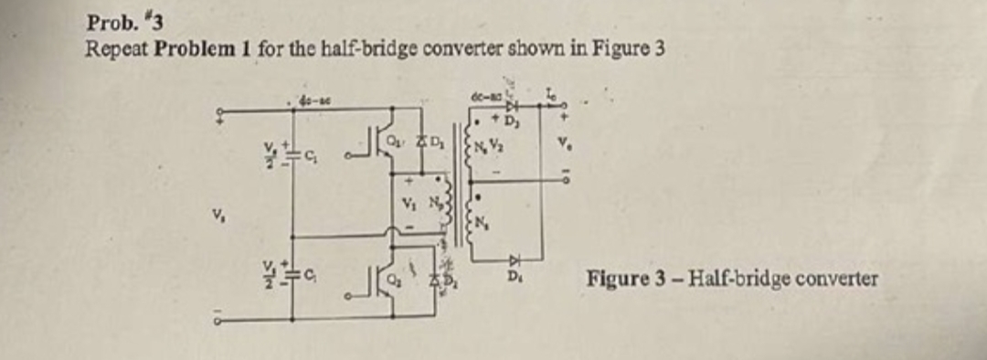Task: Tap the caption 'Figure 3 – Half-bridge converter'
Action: tap(732, 278)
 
